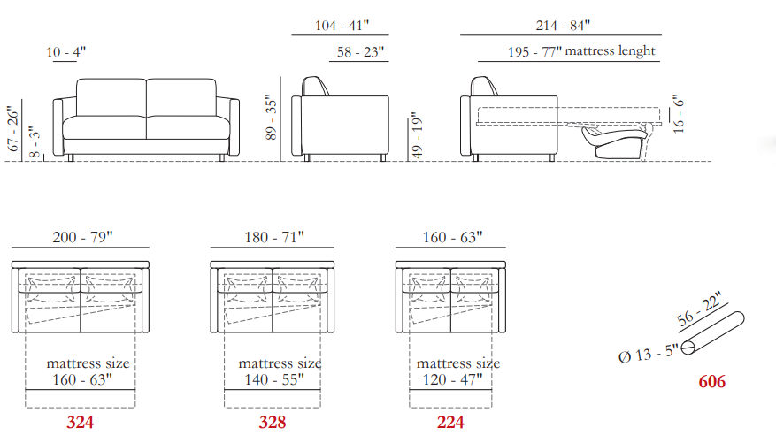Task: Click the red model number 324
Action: point(81,423)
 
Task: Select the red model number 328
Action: point(273,423)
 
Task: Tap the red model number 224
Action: point(450,423)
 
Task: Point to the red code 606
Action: point(712,382)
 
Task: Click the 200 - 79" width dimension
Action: point(82,237)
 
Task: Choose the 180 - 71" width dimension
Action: point(274,237)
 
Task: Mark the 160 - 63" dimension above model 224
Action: point(452,237)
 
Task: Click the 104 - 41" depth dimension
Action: point(342,26)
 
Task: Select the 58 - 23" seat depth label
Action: point(361,52)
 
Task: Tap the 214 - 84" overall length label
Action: point(563,26)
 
